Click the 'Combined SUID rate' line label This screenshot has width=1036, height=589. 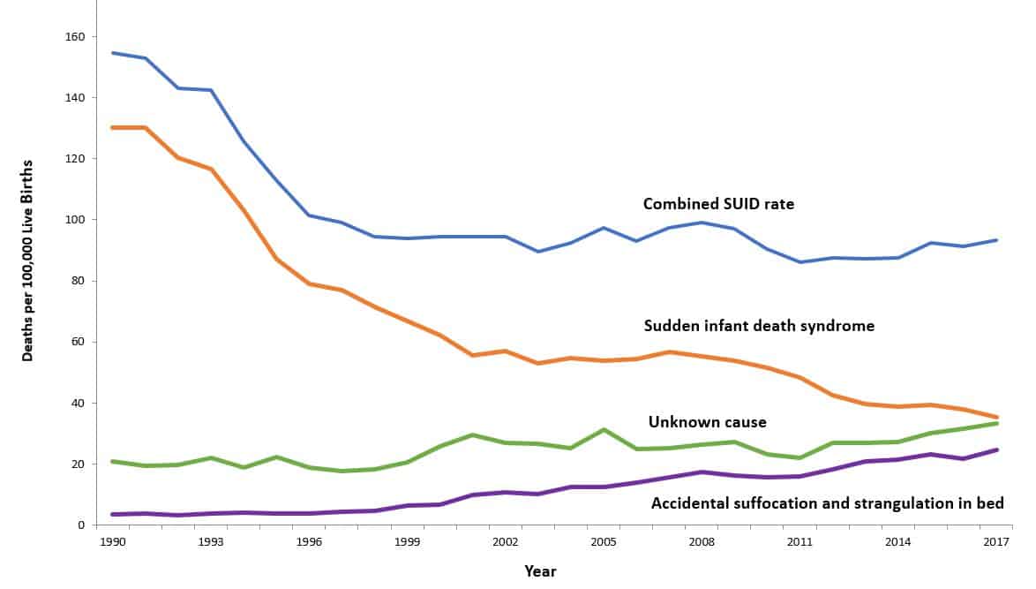[718, 204]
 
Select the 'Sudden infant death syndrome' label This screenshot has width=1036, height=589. [759, 326]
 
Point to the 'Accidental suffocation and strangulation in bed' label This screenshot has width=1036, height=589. [828, 504]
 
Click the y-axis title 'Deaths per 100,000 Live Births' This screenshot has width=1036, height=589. [28, 261]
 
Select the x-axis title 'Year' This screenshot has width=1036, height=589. [540, 571]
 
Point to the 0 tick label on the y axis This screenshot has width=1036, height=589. [80, 525]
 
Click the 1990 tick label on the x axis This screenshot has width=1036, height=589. [111, 540]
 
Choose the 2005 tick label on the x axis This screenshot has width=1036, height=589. [605, 540]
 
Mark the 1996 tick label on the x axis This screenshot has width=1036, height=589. [309, 540]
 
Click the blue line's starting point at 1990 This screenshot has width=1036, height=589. [111, 53]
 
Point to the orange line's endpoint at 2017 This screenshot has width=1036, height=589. [997, 417]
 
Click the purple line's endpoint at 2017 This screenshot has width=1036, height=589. [997, 449]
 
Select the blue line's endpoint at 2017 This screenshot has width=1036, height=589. [997, 240]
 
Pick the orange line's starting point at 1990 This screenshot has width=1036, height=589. [111, 128]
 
